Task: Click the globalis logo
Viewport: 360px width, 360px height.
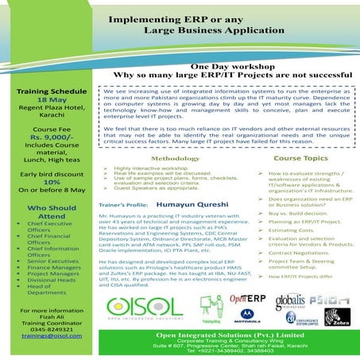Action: coord(290,300)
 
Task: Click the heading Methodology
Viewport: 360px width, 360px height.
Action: coord(175,158)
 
